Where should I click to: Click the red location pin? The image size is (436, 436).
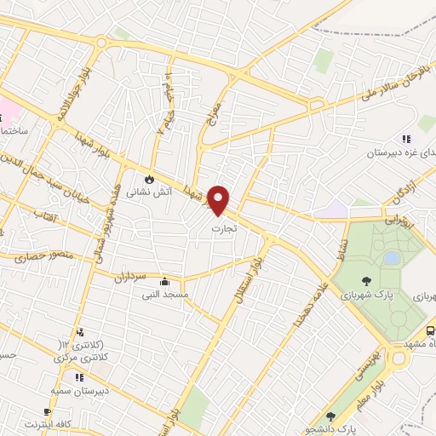pyautogui.click(x=220, y=200)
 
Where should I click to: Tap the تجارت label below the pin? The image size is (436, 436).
pyautogui.click(x=224, y=229)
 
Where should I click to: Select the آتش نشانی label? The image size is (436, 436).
pyautogui.click(x=150, y=193)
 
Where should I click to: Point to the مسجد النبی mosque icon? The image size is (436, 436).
pyautogui.click(x=164, y=282)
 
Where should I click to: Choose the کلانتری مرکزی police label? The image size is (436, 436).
pyautogui.click(x=81, y=359)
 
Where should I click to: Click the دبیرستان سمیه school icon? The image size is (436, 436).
pyautogui.click(x=78, y=377)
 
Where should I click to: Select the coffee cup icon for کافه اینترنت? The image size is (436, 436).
pyautogui.click(x=47, y=412)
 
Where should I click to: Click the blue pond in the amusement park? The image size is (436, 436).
pyautogui.click(x=392, y=257)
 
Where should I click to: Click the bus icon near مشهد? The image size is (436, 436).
pyautogui.click(x=430, y=330)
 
